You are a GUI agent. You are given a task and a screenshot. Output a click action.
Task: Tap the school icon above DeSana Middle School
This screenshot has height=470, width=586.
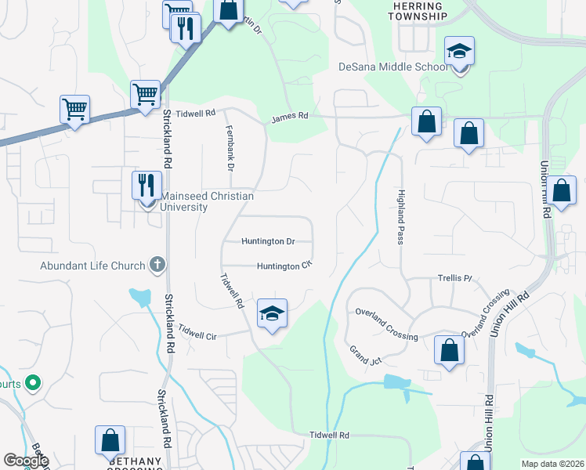460,52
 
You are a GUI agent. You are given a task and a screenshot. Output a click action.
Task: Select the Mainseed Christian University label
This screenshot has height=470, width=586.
184,202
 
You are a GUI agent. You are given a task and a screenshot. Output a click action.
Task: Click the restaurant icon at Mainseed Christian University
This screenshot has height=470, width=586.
146,186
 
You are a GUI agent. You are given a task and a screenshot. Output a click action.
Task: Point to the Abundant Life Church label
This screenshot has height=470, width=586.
93,266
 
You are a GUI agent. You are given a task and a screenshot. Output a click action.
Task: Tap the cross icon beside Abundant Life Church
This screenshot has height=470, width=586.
157,265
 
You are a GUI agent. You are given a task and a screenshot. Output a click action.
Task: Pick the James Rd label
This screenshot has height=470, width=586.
290,117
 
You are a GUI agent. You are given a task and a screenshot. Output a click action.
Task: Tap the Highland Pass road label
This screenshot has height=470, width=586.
400,217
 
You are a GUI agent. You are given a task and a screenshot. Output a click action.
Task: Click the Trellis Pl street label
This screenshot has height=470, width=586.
456,278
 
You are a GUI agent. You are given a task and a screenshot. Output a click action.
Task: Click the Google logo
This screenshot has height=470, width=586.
25,461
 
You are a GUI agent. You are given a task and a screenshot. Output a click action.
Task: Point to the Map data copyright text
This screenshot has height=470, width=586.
552,464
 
